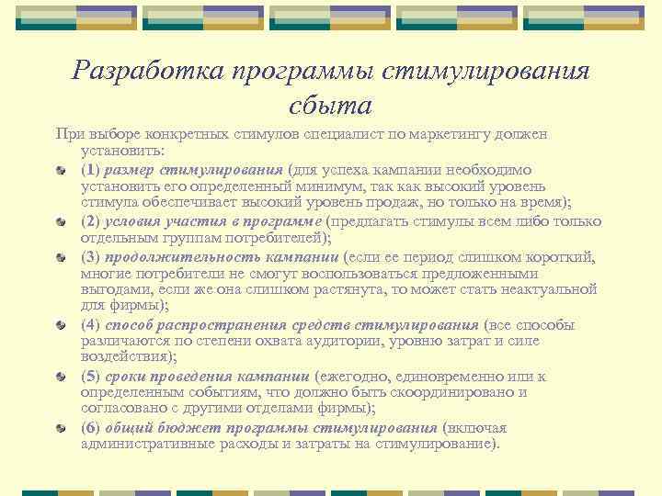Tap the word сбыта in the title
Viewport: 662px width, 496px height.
coord(331,105)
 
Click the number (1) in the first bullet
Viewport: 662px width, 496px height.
coord(90,169)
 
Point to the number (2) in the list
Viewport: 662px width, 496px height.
coord(90,220)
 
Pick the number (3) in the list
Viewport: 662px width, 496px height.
coord(90,255)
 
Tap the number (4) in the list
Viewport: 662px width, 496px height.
coord(90,324)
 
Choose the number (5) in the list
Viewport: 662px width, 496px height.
coord(90,376)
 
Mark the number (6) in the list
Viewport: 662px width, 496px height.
coord(90,427)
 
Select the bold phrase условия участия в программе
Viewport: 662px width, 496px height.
coord(213,220)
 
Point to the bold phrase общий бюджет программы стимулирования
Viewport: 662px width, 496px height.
coord(271,427)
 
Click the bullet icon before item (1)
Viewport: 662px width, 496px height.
coord(61,170)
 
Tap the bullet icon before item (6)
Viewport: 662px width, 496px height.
coord(61,428)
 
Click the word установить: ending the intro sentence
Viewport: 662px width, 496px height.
coord(122,152)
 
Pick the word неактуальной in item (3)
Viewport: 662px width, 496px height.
coord(550,289)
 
